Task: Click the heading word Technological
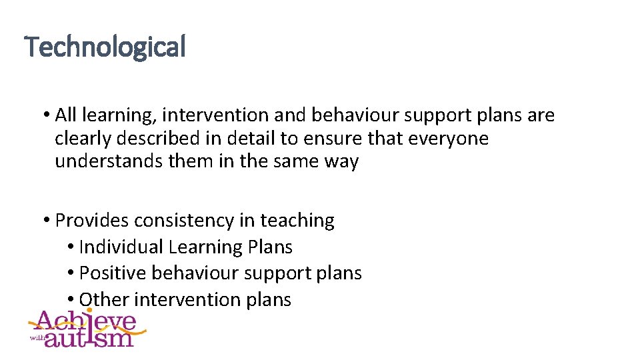[x=105, y=47]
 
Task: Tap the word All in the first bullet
[x=66, y=115]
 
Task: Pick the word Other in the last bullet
[x=104, y=300]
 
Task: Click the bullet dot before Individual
[x=71, y=247]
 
